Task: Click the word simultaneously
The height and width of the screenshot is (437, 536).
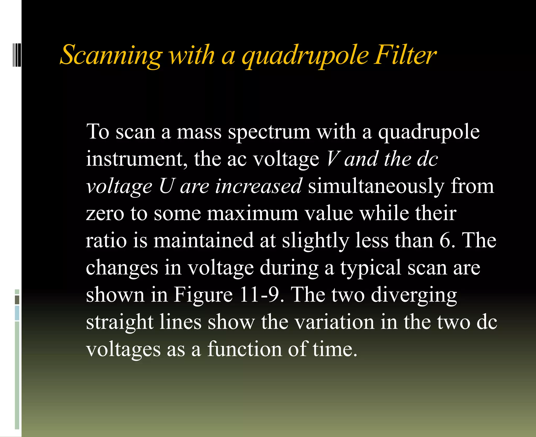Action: [x=376, y=186]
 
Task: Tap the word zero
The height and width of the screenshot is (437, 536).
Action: [x=105, y=214]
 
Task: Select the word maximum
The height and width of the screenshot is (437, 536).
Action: [x=253, y=214]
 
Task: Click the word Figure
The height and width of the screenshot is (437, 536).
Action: [x=203, y=295]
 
